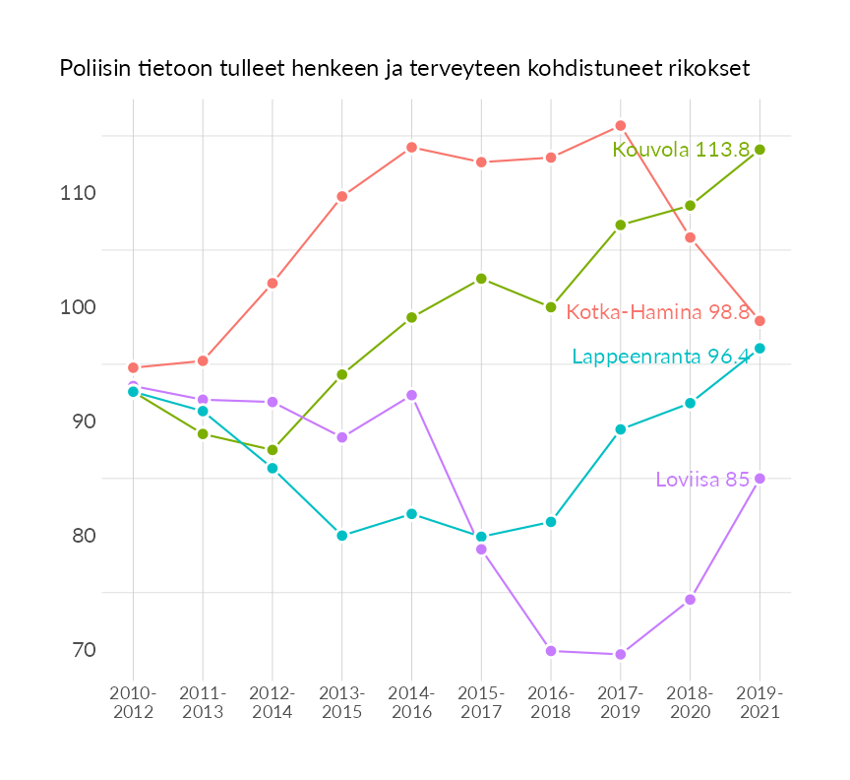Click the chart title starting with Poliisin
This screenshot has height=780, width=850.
(x=404, y=69)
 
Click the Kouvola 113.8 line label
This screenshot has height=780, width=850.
(x=681, y=150)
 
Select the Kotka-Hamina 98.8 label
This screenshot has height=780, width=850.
(x=658, y=312)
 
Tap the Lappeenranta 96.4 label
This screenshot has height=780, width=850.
(x=661, y=357)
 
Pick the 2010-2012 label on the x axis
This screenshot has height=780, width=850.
(x=133, y=703)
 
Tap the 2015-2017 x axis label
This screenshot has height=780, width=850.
(x=481, y=703)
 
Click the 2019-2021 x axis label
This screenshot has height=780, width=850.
(x=759, y=703)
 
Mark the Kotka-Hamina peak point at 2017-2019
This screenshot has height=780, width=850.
(x=621, y=126)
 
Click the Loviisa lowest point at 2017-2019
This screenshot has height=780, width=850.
(x=621, y=655)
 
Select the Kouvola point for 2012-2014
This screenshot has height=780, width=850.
(x=273, y=450)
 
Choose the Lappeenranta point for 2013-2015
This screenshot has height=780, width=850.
(x=342, y=536)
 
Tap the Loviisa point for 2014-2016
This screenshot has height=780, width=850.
(x=412, y=395)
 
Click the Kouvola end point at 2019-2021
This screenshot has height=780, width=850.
(x=759, y=150)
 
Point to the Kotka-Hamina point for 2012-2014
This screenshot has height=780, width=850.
(x=273, y=284)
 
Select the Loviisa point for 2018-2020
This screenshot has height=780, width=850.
(x=691, y=600)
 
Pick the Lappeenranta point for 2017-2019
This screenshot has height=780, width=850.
(x=621, y=429)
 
